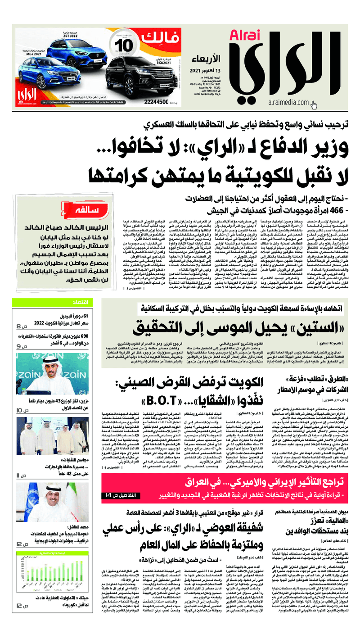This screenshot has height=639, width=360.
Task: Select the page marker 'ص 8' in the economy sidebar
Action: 22,326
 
